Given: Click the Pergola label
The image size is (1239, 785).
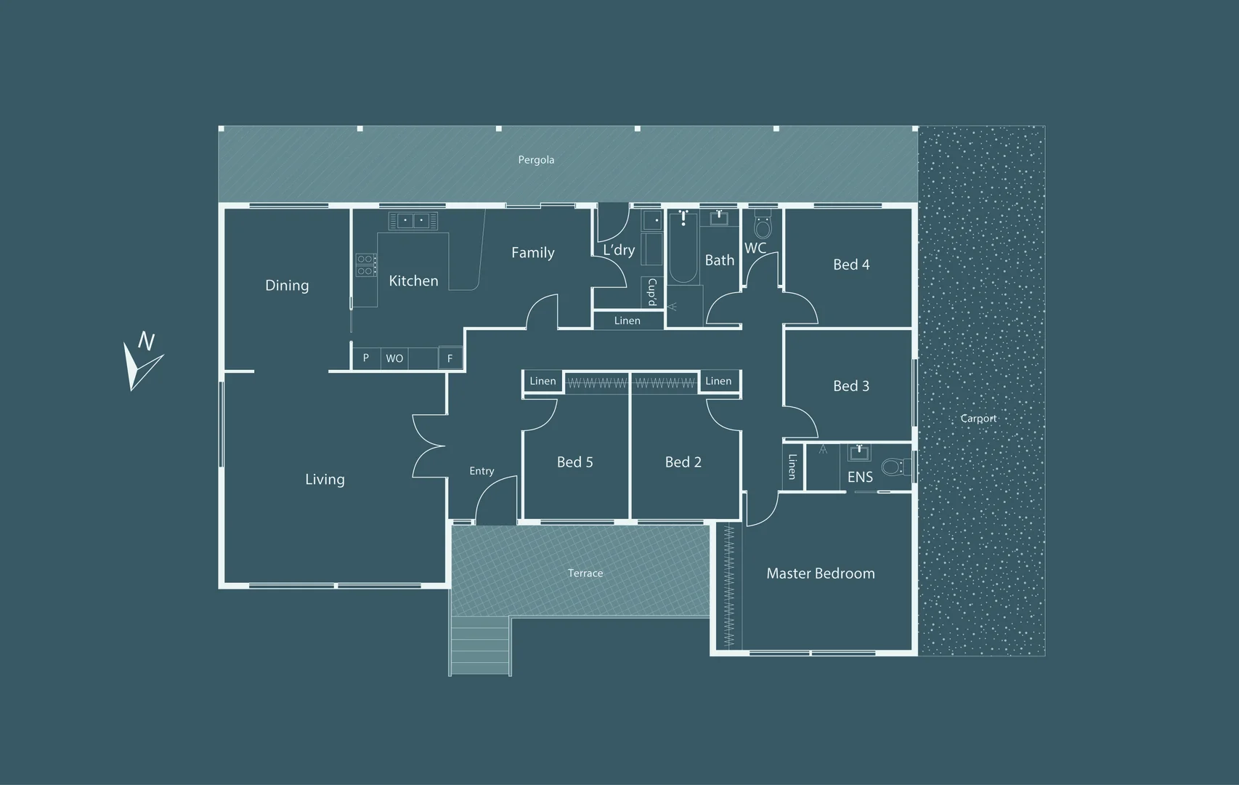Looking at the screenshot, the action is coord(536,160).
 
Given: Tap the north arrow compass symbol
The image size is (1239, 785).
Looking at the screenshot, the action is coord(142,361).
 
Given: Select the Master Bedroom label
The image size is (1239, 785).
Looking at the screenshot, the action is coord(820,573).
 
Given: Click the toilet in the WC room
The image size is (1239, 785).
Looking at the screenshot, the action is coord(763,223).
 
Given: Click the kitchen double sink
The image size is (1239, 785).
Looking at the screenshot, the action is coord(413,220).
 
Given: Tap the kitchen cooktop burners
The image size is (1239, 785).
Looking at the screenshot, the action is coord(365,265).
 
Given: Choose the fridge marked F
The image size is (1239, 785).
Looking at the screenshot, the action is coord(450,358).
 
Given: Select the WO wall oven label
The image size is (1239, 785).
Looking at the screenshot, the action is coord(394,359).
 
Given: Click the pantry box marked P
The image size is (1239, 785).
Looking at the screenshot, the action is coord(365,358).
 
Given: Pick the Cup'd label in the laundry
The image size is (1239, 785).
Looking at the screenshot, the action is coord(652,292).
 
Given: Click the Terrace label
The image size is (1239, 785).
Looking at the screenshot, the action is coord(585,573).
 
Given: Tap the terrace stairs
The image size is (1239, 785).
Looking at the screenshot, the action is coord(480,645).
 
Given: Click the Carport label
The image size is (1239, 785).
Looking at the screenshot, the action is coord(978,419).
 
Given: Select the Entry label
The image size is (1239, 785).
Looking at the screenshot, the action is coord(482,471).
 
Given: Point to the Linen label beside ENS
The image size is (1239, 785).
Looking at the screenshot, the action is coord(792,467).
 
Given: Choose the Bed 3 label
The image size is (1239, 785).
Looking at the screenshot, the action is coord(851,386).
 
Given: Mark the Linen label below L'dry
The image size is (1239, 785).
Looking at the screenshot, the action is coord(627,321).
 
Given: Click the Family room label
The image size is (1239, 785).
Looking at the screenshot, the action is coord(532,253).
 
